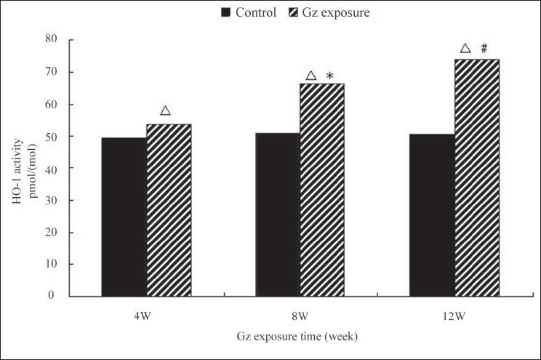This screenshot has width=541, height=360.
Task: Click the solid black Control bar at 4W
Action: [x=124, y=217]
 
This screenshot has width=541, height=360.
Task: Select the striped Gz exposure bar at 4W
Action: [x=169, y=210]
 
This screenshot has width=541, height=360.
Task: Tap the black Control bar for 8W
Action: [x=278, y=215]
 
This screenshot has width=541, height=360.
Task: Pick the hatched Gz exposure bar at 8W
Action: [x=322, y=190]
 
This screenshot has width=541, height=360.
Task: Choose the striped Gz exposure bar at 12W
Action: [x=477, y=177]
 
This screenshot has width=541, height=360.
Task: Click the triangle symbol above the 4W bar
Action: [x=165, y=111]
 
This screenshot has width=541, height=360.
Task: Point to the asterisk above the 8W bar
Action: [x=329, y=76]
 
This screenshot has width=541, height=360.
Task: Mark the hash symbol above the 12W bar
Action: [x=484, y=49]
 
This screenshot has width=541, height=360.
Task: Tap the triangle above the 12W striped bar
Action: [x=465, y=49]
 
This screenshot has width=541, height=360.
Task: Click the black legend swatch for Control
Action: [x=225, y=12]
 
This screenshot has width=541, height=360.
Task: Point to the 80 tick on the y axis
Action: [x=50, y=40]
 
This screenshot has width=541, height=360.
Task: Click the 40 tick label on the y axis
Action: [x=50, y=168]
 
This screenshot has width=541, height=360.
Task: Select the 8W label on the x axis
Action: [x=300, y=316]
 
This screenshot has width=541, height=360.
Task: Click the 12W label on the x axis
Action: [x=454, y=316]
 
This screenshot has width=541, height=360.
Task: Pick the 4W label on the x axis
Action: [x=146, y=316]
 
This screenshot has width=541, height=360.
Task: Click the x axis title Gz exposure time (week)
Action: [x=297, y=338]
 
